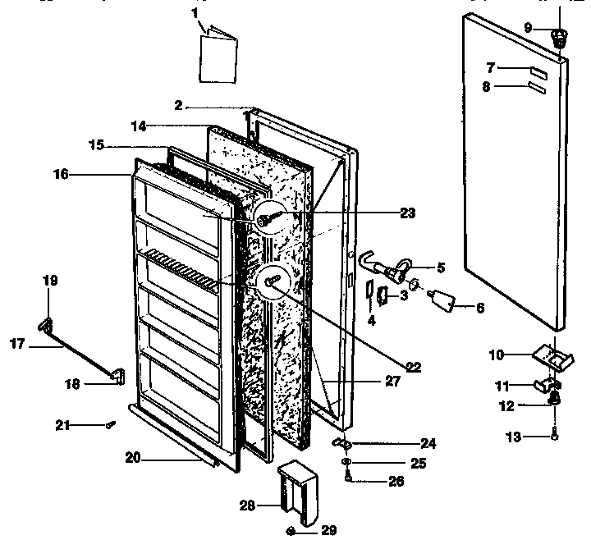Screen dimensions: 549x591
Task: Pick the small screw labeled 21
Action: pyautogui.click(x=109, y=424)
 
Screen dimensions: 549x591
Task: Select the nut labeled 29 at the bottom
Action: pyautogui.click(x=292, y=531)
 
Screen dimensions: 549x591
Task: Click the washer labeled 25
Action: pyautogui.click(x=349, y=464)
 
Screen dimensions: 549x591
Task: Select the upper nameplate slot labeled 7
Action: pyautogui.click(x=538, y=69)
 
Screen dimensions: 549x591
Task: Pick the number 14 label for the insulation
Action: pyautogui.click(x=139, y=126)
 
